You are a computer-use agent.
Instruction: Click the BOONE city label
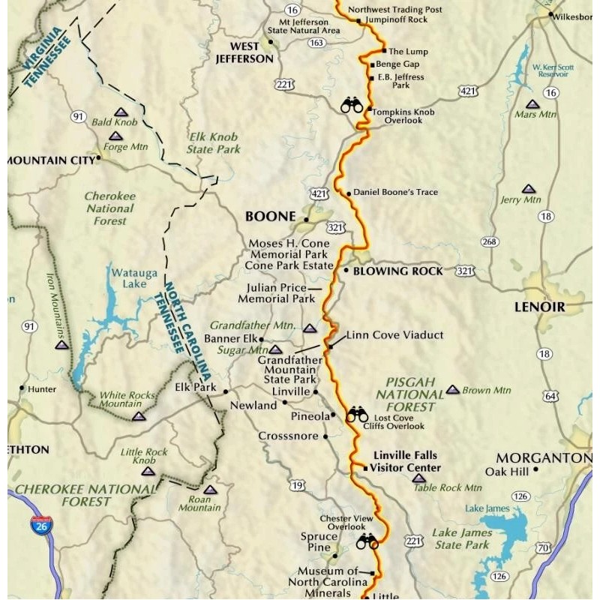[271, 216]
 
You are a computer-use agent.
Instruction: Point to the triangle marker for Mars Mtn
[532, 104]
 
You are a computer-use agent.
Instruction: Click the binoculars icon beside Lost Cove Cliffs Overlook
[357, 414]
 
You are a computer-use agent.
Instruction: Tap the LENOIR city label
[539, 307]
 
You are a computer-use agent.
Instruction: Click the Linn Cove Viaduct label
[394, 334]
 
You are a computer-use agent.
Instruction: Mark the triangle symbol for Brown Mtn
[452, 389]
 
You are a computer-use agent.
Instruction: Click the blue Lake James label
[487, 508]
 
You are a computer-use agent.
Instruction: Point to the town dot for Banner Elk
[261, 340]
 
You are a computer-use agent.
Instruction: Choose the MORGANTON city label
[544, 457]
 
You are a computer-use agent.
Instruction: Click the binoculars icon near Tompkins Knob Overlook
[351, 105]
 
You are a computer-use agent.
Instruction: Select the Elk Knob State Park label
[214, 143]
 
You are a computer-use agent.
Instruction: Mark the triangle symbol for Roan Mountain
[210, 489]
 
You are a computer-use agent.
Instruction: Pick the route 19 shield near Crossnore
[298, 486]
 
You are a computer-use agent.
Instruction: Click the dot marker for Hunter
[21, 388]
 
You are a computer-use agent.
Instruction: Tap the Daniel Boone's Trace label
[394, 192]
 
